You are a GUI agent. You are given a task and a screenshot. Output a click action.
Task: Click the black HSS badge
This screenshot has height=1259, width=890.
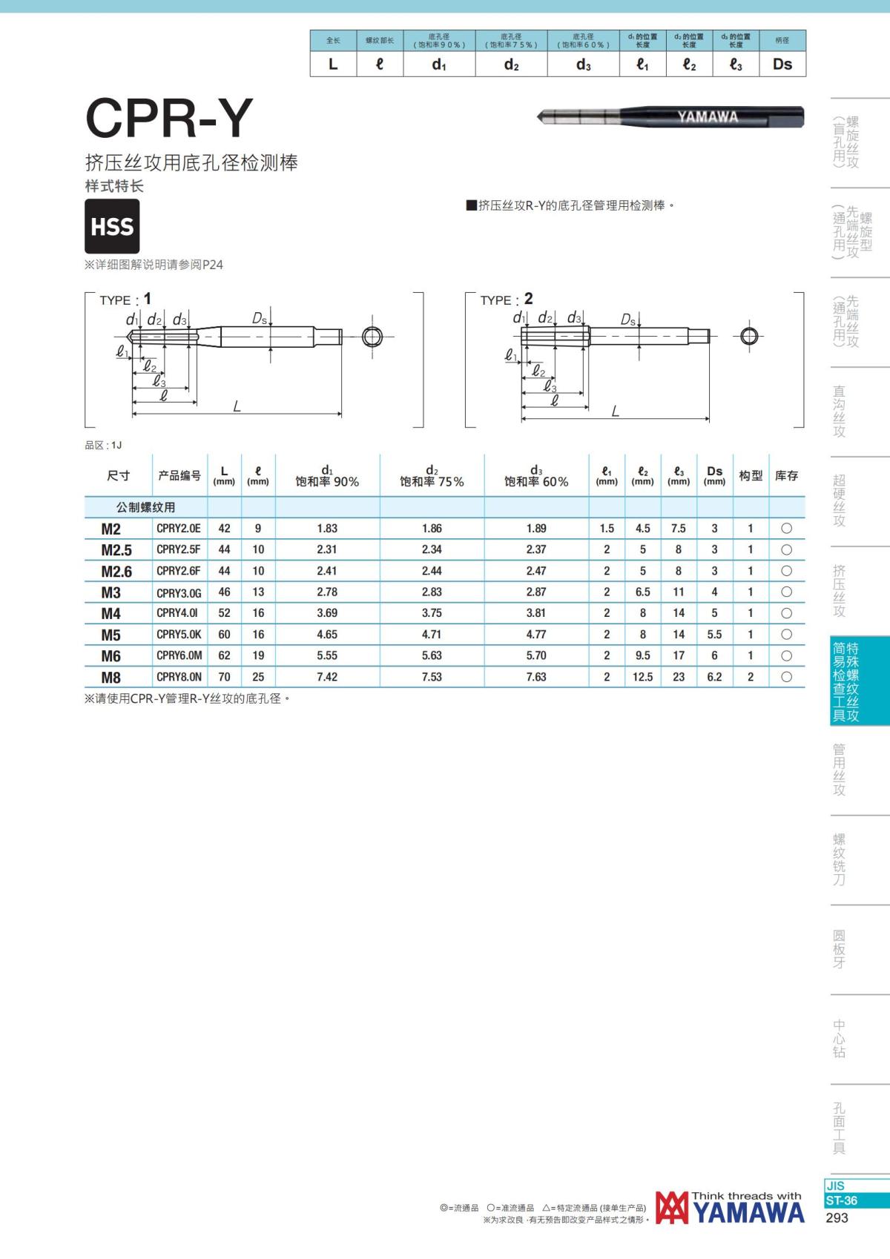[112, 226]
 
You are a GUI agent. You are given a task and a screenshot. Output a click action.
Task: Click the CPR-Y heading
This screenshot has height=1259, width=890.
[169, 118]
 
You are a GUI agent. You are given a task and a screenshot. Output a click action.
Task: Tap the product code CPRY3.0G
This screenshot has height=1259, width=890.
[179, 592]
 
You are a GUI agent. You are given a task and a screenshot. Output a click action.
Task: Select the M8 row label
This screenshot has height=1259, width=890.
[111, 677]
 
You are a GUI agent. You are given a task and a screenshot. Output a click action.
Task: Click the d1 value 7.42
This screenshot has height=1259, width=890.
[327, 677]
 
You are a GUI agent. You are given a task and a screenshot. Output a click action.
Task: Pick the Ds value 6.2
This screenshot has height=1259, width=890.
[714, 677]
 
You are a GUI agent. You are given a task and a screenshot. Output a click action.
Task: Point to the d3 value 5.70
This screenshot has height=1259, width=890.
[535, 655]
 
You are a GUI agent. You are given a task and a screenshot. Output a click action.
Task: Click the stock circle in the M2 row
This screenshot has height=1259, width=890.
[787, 529]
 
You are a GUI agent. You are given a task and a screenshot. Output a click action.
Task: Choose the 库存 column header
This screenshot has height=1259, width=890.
[786, 476]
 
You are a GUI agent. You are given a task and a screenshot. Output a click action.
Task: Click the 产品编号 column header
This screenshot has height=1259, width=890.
[179, 476]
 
